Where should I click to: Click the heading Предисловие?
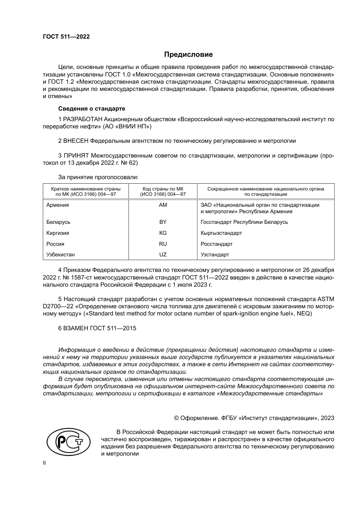pyautogui.click(x=188, y=55)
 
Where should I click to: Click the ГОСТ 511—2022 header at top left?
pyautogui.click(x=66, y=37)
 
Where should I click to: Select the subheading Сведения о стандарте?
pyautogui.click(x=91, y=109)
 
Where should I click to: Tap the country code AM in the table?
pyautogui.click(x=163, y=205)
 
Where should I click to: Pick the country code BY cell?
pyautogui.click(x=163, y=222)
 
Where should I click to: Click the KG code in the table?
pyautogui.click(x=163, y=233)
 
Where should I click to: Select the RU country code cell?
pyautogui.click(x=163, y=244)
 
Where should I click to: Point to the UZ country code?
pyautogui.click(x=163, y=254)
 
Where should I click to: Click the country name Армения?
pyautogui.click(x=58, y=205)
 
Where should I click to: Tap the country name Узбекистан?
pyautogui.click(x=61, y=254)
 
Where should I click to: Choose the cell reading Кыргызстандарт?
pyautogui.click(x=221, y=233)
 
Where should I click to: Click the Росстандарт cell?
pyautogui.click(x=217, y=244)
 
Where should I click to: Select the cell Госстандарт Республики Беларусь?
pyautogui.click(x=244, y=222)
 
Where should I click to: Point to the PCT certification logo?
pyautogui.click(x=68, y=442)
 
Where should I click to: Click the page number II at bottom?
pyautogui.click(x=44, y=463)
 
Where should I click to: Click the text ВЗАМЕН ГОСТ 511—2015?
pyautogui.click(x=97, y=328)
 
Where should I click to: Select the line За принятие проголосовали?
pyautogui.click(x=98, y=177)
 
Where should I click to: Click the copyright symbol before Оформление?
pyautogui.click(x=176, y=418)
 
